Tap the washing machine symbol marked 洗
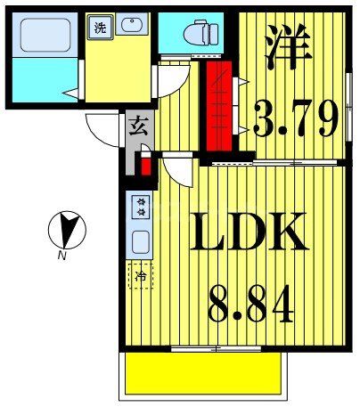(x=99, y=28)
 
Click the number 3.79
(x=291, y=116)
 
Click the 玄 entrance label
(x=138, y=126)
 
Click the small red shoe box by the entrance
(x=143, y=166)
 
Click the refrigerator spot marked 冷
(x=140, y=275)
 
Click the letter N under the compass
(x=61, y=256)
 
